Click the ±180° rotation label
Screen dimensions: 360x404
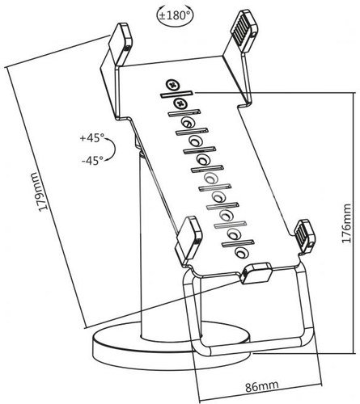[x=176, y=15]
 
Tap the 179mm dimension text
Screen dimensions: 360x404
[x=42, y=191]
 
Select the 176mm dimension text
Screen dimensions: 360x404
[x=347, y=223]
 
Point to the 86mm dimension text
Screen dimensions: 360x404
[x=261, y=386]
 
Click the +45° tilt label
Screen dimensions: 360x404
[x=91, y=138]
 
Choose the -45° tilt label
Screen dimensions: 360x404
[x=93, y=161]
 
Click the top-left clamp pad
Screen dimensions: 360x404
[x=121, y=44]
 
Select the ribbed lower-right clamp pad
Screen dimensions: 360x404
[x=304, y=237]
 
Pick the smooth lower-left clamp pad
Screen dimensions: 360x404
[x=188, y=237]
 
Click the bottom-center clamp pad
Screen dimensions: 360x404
[x=256, y=273]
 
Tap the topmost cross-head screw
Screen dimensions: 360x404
[x=172, y=86]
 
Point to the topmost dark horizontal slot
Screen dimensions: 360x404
[x=177, y=94]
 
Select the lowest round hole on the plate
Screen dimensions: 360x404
[x=239, y=252]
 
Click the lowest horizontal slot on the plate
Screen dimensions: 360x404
[x=238, y=242]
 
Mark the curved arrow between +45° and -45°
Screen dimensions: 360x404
[x=112, y=149]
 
